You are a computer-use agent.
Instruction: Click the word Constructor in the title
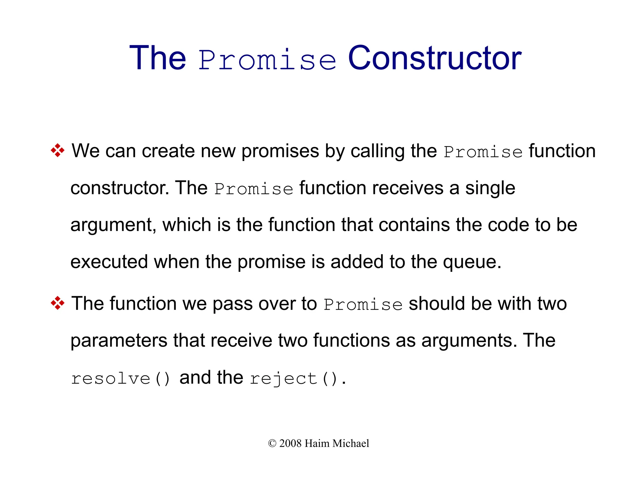click(x=435, y=58)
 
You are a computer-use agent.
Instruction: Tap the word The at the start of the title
click(x=158, y=58)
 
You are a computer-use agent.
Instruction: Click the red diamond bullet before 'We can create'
click(x=58, y=151)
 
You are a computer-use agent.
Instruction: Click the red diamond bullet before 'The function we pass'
click(x=58, y=303)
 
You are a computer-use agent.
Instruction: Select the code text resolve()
click(x=121, y=379)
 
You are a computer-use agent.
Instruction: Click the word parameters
click(x=119, y=340)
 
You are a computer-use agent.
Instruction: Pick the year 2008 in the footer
click(x=290, y=443)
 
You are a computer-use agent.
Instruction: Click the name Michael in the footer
click(x=351, y=443)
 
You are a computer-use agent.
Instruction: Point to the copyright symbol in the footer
click(x=272, y=443)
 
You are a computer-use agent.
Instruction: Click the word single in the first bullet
click(x=490, y=188)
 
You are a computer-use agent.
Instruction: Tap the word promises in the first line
click(x=280, y=151)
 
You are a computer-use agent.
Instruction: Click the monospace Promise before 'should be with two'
click(x=363, y=305)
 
